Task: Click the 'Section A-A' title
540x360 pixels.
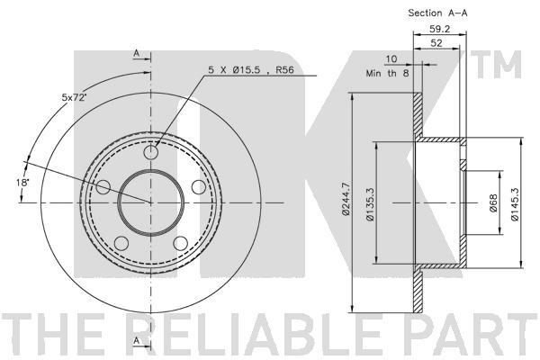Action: click(x=437, y=13)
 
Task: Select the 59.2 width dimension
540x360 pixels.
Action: click(x=439, y=29)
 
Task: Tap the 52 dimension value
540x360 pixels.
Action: click(x=436, y=43)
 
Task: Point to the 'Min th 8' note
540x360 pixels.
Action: click(x=387, y=73)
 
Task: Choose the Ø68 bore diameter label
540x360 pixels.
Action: click(x=493, y=203)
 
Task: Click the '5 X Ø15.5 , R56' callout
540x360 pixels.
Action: click(x=251, y=70)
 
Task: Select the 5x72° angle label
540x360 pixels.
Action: click(x=73, y=97)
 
